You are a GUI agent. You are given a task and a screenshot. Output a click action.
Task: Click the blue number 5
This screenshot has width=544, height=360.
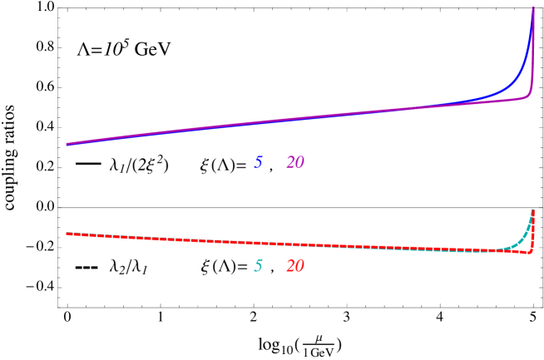click(x=258, y=163)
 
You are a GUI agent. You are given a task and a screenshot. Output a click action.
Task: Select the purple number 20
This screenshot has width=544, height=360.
click(x=294, y=163)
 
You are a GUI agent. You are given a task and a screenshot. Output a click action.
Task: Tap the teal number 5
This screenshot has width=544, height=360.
click(x=258, y=267)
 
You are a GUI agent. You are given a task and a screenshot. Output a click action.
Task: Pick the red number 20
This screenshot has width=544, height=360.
click(x=294, y=267)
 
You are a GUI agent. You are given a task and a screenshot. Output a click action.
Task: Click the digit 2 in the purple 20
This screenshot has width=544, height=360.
click(x=290, y=163)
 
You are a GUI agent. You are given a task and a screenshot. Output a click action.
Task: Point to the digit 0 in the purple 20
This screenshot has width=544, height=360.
click(x=299, y=163)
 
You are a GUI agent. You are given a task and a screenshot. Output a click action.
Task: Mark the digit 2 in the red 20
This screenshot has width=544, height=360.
click(x=290, y=267)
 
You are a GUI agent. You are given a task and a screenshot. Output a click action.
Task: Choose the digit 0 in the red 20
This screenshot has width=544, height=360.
click(x=299, y=267)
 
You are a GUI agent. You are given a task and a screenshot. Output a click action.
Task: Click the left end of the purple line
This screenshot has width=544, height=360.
click(x=68, y=144)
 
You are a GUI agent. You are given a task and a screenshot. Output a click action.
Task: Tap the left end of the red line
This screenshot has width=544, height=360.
click(x=68, y=234)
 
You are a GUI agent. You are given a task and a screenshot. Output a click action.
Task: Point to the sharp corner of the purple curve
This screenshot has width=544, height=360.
click(x=529, y=96)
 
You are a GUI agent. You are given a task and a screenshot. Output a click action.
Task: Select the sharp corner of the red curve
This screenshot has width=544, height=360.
click(x=530, y=251)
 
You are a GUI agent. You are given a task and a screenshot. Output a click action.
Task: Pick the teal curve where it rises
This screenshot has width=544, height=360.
click(x=521, y=240)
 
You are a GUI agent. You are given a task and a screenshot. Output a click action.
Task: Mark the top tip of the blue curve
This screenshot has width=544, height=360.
click(x=532, y=10)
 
